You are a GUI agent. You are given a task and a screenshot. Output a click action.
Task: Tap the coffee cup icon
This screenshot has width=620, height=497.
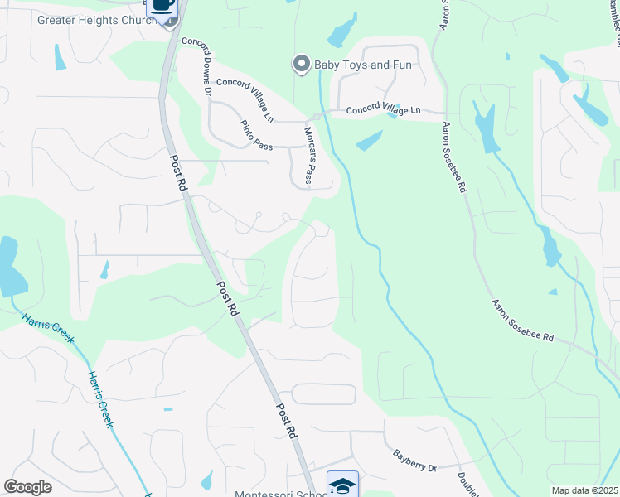(163, 5)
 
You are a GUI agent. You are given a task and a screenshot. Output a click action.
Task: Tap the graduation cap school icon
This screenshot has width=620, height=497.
(342, 485)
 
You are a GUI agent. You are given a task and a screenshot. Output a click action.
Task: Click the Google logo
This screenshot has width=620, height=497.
(28, 487)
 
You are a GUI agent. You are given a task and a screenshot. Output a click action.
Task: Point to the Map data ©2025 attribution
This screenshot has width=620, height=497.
(584, 490)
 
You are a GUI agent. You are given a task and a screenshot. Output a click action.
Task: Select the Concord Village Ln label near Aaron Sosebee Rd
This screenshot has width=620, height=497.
(383, 109)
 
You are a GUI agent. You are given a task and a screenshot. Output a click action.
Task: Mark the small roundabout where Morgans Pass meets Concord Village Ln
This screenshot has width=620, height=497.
(316, 117)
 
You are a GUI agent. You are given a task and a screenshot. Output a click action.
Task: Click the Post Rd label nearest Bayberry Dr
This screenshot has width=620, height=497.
(285, 421)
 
